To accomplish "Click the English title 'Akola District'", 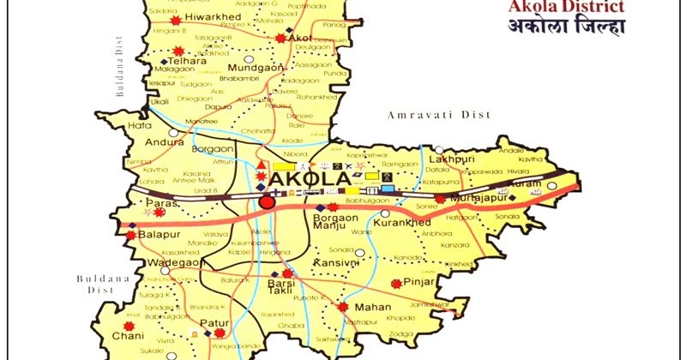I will coord(578,9).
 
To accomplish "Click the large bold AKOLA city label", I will coord(310,180).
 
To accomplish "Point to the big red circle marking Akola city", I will coord(267,202).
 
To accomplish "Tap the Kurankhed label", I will coord(401,222).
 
